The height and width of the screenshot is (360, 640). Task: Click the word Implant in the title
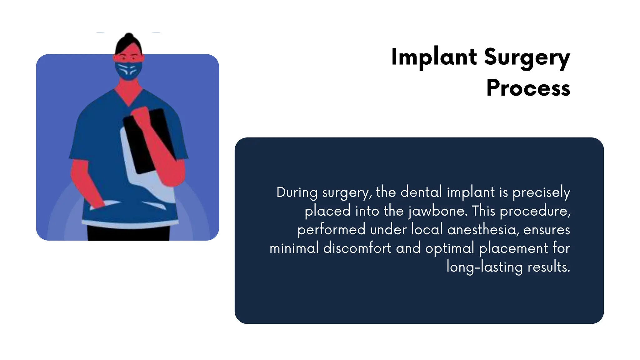(434, 57)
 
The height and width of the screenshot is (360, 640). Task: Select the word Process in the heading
(528, 88)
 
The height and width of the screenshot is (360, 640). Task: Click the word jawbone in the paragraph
(438, 211)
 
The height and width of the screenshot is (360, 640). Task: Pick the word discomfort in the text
(357, 248)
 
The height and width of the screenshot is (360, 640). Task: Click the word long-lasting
(484, 267)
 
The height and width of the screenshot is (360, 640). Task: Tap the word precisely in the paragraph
(541, 192)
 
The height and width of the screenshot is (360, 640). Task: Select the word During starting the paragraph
(297, 192)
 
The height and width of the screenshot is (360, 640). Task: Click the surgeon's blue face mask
(128, 71)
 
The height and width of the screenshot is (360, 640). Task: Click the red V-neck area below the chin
(128, 94)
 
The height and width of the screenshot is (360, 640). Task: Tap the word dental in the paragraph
(421, 192)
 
